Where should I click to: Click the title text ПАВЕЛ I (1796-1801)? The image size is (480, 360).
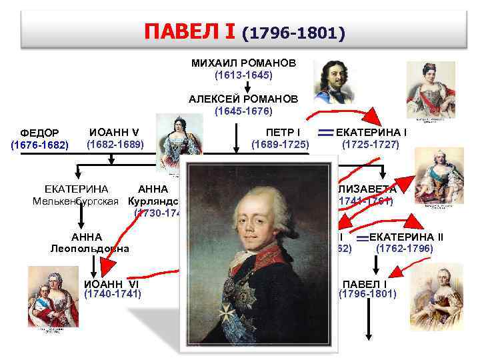[x=244, y=31]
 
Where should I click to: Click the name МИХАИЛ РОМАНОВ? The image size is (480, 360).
[x=243, y=63]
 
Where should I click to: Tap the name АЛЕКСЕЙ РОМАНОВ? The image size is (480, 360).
[x=243, y=99]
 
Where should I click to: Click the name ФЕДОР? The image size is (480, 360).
[x=40, y=133]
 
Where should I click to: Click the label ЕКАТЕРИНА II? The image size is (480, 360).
[x=406, y=237]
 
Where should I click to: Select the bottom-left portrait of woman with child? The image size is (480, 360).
[x=49, y=287]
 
